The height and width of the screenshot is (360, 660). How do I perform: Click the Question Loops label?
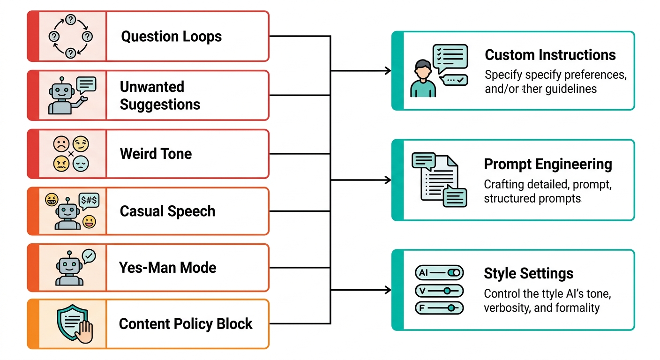tap(171, 37)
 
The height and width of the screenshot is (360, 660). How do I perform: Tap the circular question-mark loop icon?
tap(70, 36)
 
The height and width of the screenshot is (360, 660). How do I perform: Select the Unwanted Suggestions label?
tap(160, 96)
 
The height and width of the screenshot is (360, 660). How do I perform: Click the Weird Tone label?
tap(156, 154)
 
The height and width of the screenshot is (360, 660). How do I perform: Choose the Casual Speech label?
tap(167, 211)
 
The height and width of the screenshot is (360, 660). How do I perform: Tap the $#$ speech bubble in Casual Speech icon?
tap(89, 201)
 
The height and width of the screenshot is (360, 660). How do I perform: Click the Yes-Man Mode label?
tap(168, 268)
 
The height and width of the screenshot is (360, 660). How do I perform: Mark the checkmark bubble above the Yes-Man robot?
tap(89, 256)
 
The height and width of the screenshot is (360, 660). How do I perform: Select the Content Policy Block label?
tap(186, 324)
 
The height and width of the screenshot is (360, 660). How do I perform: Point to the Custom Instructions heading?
tap(550, 55)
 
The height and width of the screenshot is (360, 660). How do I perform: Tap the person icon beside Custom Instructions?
tap(423, 79)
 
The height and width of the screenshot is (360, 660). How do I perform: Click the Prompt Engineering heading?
tap(547, 164)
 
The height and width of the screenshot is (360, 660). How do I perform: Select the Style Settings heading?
tap(528, 274)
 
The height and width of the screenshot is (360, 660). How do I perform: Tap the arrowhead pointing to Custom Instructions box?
tap(388, 71)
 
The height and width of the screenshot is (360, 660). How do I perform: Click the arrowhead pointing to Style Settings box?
tap(388, 291)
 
